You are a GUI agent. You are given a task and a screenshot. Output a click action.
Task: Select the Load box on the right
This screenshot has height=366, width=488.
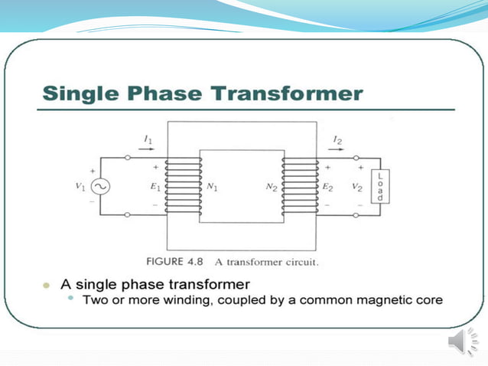pos(379,187)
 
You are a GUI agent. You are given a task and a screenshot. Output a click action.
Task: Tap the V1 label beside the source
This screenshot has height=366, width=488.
pos(80,187)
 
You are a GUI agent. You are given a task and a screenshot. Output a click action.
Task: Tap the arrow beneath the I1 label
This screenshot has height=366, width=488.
pos(148,150)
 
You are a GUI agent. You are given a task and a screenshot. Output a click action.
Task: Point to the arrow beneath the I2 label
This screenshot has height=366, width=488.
pos(337,150)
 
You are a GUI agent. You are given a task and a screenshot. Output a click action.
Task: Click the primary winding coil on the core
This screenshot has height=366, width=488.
pos(184,187)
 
